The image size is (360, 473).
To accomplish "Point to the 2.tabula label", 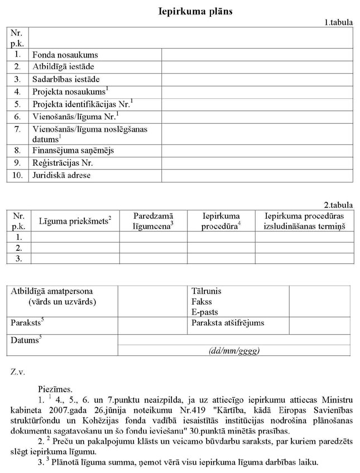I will [338, 205].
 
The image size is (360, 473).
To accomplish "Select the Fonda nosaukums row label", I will [65, 55].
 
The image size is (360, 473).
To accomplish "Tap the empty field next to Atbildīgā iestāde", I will [257, 67].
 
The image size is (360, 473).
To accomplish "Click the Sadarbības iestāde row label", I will [66, 79].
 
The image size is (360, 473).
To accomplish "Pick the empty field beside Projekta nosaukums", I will [257, 91].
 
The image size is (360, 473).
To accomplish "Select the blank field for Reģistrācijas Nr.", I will [257, 163].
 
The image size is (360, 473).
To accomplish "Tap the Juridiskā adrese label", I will [61, 175].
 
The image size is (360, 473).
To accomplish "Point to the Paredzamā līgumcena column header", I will [153, 221].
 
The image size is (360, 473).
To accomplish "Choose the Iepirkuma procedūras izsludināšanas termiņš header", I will [305, 221].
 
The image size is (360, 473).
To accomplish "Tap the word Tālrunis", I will [205, 292].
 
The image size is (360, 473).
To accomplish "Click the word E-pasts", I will [204, 312].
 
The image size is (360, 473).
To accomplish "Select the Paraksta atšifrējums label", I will [228, 323].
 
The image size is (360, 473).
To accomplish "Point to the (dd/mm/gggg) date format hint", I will [234, 350].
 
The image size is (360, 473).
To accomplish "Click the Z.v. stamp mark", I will [18, 370].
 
